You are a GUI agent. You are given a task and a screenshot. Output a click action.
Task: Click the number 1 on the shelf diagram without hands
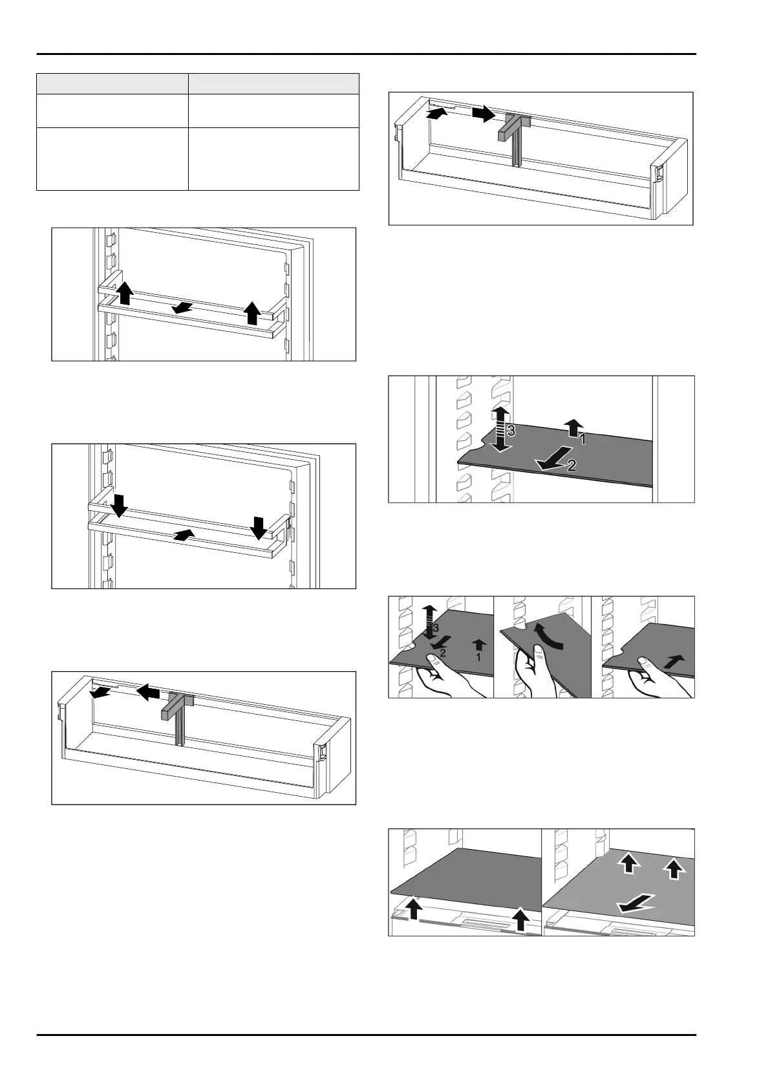583,439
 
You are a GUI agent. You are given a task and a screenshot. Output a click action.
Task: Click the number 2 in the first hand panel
443,652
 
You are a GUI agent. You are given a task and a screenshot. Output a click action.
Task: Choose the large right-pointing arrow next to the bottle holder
483,114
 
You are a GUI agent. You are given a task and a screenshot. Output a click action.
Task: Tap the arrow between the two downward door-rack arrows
184,534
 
